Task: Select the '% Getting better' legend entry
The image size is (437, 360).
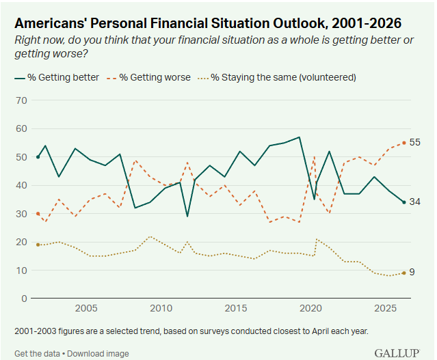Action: (x=57, y=77)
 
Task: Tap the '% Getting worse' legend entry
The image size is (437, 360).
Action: (x=148, y=77)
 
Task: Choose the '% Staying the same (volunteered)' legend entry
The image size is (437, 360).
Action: (x=277, y=77)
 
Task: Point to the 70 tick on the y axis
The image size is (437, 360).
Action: (x=21, y=100)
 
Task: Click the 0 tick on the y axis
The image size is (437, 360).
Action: (x=24, y=299)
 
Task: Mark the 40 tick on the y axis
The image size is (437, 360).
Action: (x=21, y=185)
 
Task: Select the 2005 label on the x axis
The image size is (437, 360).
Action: (x=86, y=308)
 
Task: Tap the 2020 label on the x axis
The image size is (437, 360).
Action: (x=310, y=308)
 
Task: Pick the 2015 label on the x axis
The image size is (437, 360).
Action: (x=236, y=308)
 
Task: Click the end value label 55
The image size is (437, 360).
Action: (x=414, y=142)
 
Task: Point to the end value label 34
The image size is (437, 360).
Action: (x=414, y=202)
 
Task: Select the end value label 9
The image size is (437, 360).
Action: (x=412, y=272)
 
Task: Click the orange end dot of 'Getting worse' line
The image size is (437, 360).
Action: (x=404, y=143)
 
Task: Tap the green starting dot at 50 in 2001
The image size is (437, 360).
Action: (x=38, y=157)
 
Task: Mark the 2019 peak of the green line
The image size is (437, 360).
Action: (x=300, y=137)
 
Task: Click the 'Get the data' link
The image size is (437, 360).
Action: (x=37, y=354)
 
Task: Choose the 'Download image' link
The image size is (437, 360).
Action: (x=98, y=354)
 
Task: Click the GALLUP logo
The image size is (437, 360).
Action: (x=397, y=353)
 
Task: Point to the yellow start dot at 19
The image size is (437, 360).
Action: (x=38, y=245)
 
